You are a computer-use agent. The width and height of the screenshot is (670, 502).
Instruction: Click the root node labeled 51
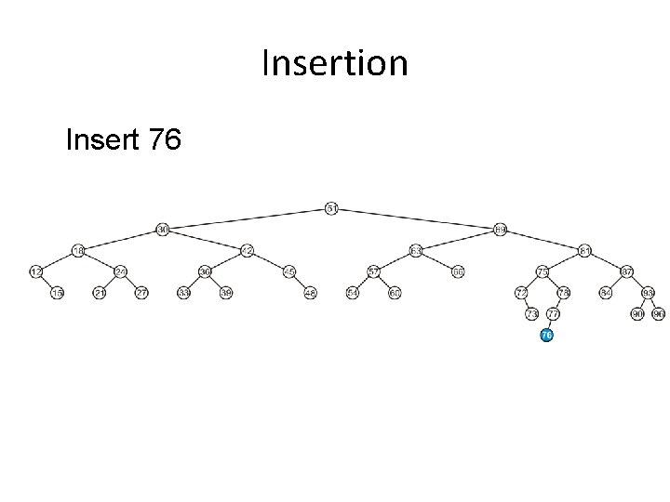click(x=332, y=208)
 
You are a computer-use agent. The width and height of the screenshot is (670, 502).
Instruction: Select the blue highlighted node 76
click(x=547, y=335)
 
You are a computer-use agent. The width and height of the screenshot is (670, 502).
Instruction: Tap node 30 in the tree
click(x=162, y=229)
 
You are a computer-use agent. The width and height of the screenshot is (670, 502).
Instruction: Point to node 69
click(x=501, y=229)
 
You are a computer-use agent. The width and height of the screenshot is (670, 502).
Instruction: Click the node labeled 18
click(x=78, y=250)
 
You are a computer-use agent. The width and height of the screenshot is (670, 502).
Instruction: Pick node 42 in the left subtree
click(x=247, y=250)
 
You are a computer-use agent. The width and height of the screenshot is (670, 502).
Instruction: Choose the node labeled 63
click(x=416, y=250)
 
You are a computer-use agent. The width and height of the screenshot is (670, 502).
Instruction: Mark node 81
click(x=585, y=250)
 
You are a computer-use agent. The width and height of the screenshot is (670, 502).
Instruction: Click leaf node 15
click(x=57, y=293)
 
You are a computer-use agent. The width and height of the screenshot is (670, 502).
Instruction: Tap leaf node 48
click(x=311, y=293)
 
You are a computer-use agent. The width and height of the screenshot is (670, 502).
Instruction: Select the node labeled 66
click(x=458, y=271)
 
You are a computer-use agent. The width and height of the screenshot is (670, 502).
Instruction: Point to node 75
click(x=543, y=271)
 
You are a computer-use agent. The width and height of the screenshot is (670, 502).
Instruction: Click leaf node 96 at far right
click(x=659, y=314)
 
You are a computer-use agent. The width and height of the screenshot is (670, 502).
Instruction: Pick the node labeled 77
click(x=553, y=314)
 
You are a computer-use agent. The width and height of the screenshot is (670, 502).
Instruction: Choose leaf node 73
click(x=532, y=314)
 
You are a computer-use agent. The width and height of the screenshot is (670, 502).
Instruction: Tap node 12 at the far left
click(x=35, y=271)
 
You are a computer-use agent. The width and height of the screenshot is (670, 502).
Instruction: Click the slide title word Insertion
click(x=335, y=64)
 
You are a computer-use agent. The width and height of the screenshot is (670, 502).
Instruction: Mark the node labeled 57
click(x=373, y=271)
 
